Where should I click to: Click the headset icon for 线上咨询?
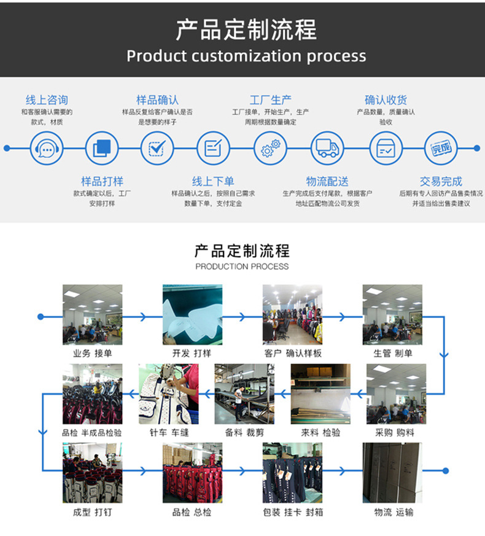(47, 148)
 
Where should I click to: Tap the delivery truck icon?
(327, 148)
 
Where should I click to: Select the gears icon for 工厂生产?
(270, 148)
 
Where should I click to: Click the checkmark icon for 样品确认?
(157, 148)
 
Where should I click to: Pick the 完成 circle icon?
(441, 148)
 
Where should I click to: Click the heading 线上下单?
(212, 181)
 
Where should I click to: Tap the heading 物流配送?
(327, 181)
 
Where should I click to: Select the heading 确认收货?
(386, 100)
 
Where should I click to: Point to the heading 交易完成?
(441, 181)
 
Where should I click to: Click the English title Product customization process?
(246, 56)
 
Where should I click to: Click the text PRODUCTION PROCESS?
(242, 266)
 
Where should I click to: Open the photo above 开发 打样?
(192, 314)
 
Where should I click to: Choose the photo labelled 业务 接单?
(92, 314)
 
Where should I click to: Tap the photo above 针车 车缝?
(168, 394)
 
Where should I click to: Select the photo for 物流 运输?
(392, 473)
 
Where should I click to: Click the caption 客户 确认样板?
(293, 354)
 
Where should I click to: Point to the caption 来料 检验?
(320, 433)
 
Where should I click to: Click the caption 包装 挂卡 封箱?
(293, 512)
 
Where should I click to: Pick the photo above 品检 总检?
(192, 473)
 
